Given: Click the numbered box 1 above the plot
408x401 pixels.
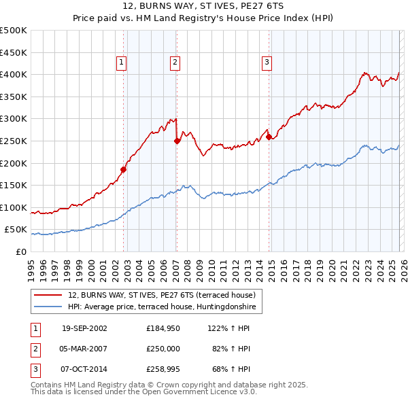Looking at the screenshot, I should point(121,63).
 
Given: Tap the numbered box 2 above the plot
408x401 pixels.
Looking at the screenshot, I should point(175,63).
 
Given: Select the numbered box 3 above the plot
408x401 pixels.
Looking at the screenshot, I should point(267,63).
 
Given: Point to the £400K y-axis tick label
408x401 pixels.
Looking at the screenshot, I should point(14,74).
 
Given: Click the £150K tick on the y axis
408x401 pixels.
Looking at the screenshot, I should point(14,185).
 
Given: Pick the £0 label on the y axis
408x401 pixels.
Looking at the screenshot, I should point(22,251).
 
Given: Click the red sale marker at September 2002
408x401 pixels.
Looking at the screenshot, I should point(124,169).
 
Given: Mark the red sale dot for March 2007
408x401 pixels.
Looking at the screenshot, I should point(177,141).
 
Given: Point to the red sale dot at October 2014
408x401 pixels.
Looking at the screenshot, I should point(269,137).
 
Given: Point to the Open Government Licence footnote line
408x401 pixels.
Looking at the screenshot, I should point(143,392).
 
